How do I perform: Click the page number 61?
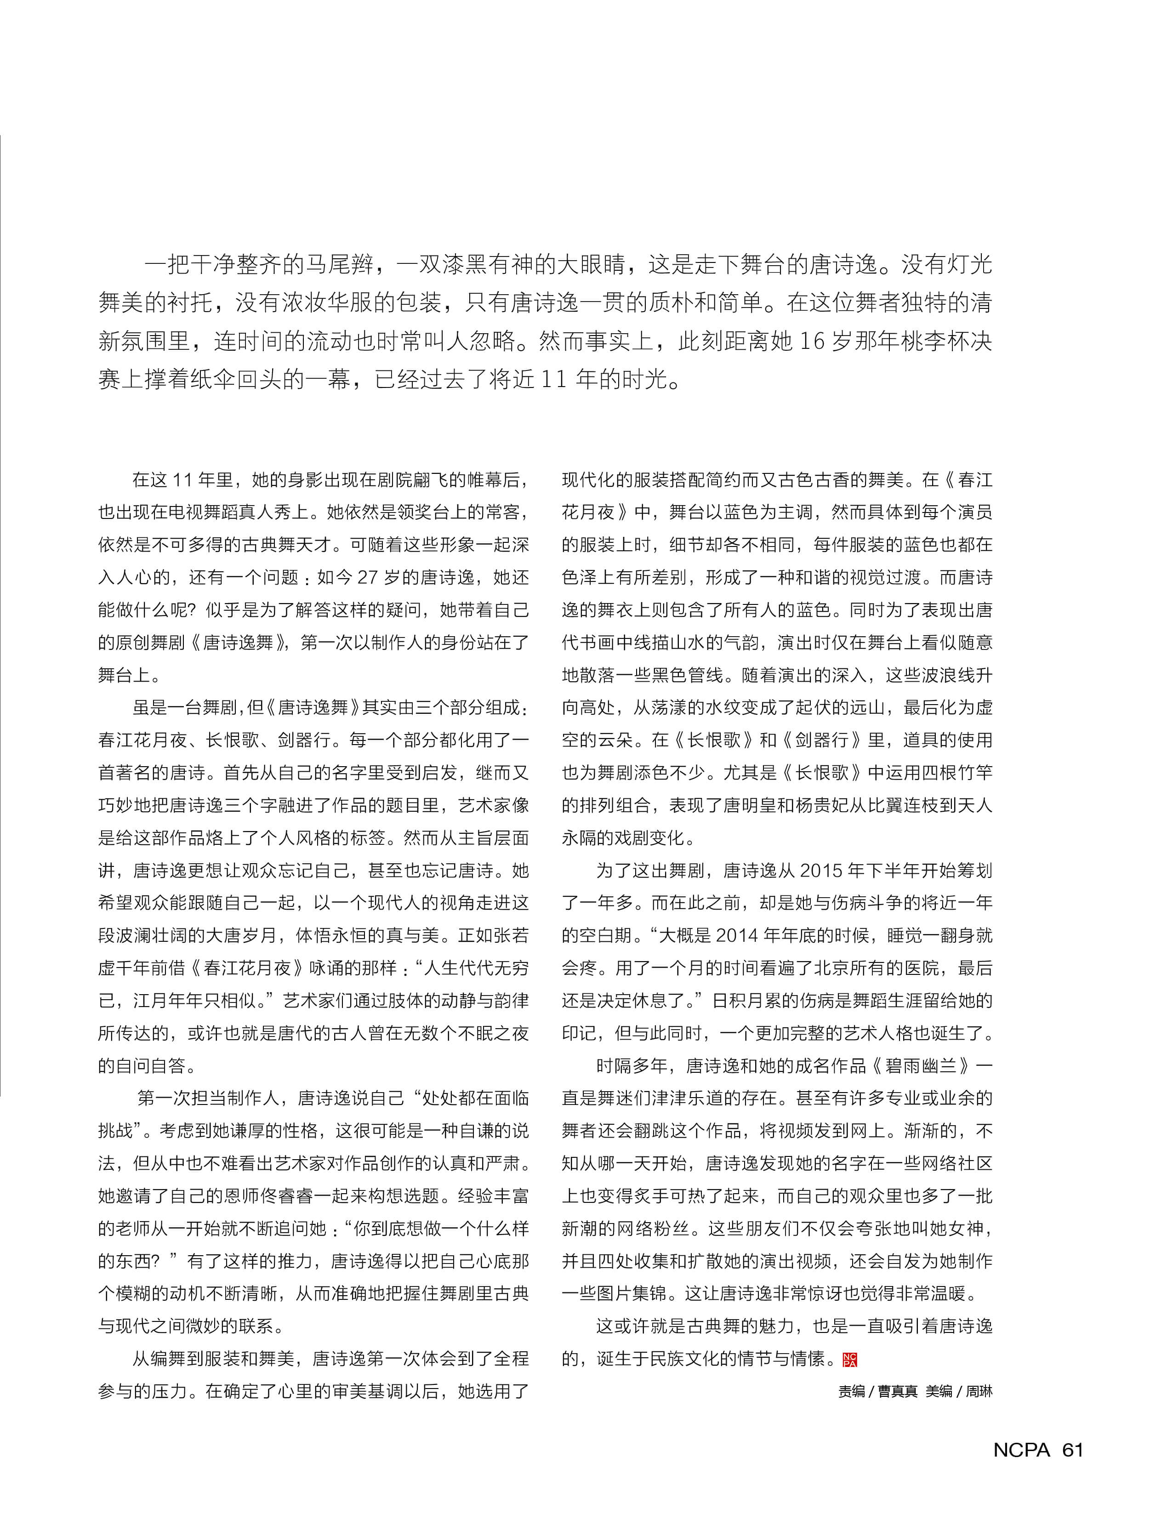pos(1072,1449)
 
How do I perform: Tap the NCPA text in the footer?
pos(1022,1449)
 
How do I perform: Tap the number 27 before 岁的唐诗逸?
pos(368,577)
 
